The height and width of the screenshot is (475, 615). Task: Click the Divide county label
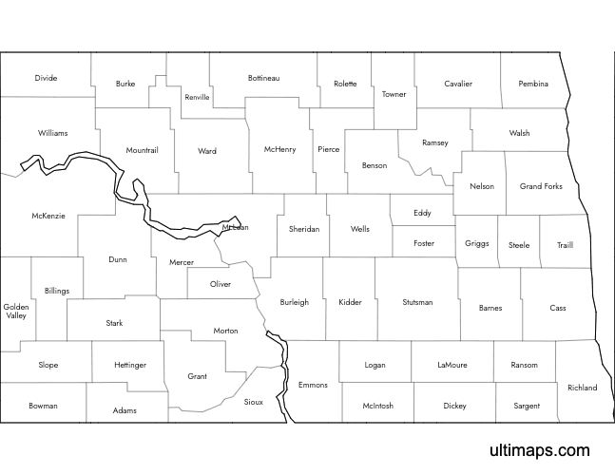pos(46,78)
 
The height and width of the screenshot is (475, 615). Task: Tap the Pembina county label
pos(533,84)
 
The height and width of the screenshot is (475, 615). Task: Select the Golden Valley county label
pos(16,312)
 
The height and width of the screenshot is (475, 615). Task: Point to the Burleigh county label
pos(295,302)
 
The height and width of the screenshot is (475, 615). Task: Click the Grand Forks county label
pos(541,186)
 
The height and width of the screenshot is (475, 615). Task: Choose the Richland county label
pos(582,388)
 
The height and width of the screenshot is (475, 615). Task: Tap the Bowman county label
pos(43,406)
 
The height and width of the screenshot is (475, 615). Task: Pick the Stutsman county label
pos(417,302)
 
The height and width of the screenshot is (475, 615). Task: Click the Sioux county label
pos(253,403)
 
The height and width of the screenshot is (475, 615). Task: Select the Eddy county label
pos(422,213)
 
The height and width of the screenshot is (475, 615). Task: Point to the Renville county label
pos(198,97)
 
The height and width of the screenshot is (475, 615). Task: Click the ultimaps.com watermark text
pos(539,450)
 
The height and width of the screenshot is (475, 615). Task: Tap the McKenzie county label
pos(48,216)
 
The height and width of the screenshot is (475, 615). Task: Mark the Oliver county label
pos(221,284)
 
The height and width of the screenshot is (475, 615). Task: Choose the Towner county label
pos(394,94)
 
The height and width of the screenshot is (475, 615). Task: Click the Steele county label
pos(519,244)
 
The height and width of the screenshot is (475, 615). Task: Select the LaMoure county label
pos(452,365)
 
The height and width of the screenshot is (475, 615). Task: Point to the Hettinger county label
pos(130,365)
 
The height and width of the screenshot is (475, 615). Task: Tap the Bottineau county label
pos(263,77)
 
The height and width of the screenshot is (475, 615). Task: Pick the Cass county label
pos(558,308)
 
